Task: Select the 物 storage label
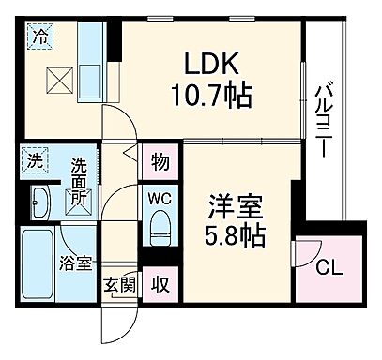(x=160, y=162)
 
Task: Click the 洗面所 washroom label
(x=81, y=182)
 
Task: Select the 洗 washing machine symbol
(x=34, y=160)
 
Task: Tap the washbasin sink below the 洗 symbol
(x=40, y=200)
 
